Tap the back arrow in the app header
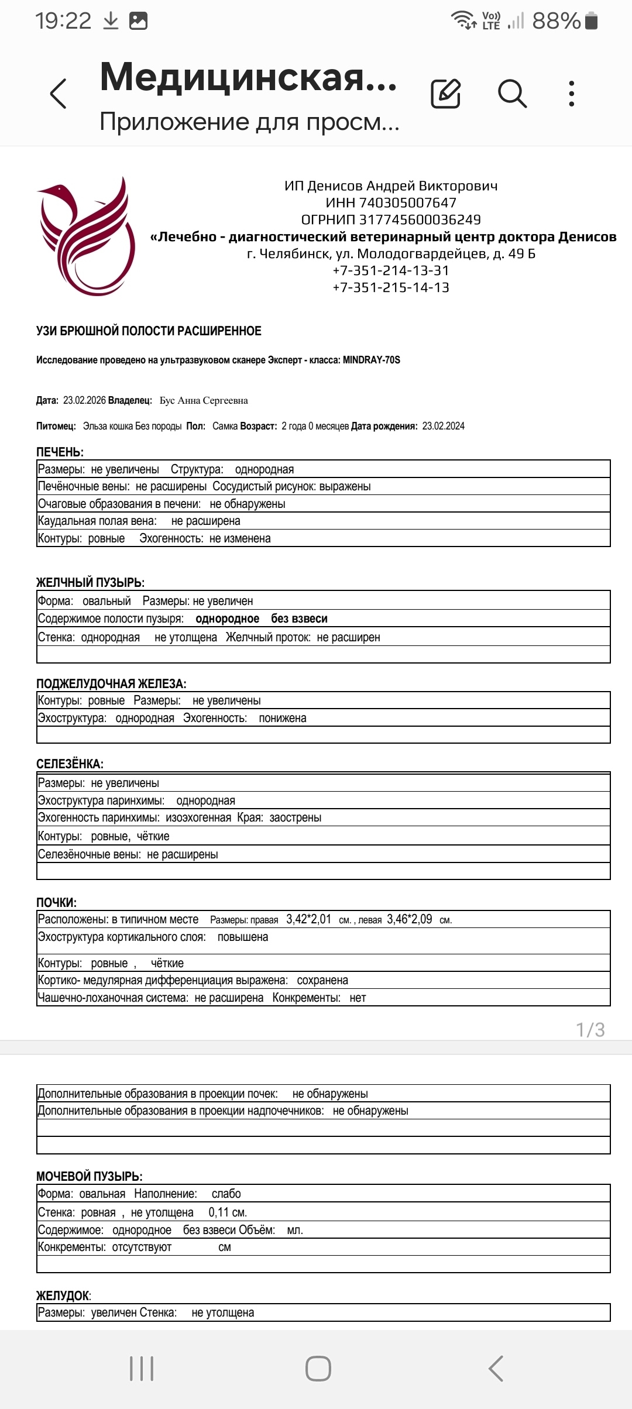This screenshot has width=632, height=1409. pos(59,94)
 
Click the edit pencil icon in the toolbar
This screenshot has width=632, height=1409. pos(445,94)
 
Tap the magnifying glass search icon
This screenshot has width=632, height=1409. pos(512,94)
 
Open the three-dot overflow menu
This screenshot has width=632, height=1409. pos(572,94)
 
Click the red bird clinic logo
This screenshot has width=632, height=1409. pos(86,236)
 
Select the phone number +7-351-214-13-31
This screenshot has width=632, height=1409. pos(391,271)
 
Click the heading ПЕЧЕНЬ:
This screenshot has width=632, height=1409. pos(60,452)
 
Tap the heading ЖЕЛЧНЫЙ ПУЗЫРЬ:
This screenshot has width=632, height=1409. pos(90,583)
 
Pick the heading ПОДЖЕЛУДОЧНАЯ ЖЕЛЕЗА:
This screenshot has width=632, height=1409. pos(111,684)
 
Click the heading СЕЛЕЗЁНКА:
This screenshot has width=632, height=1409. pos(70,764)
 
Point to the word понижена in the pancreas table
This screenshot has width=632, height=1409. pos(283,719)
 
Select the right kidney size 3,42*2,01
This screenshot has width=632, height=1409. pos(308,919)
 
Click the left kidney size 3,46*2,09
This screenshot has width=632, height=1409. pos(410,919)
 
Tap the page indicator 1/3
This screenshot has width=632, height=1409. pos(590,1030)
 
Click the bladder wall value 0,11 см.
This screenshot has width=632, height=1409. pos(228,1212)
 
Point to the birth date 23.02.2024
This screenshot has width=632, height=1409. pos(443,426)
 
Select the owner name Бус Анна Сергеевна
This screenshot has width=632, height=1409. pos(204,401)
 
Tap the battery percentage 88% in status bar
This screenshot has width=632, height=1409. pos(556,21)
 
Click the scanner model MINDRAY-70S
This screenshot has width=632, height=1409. pos(372,360)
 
